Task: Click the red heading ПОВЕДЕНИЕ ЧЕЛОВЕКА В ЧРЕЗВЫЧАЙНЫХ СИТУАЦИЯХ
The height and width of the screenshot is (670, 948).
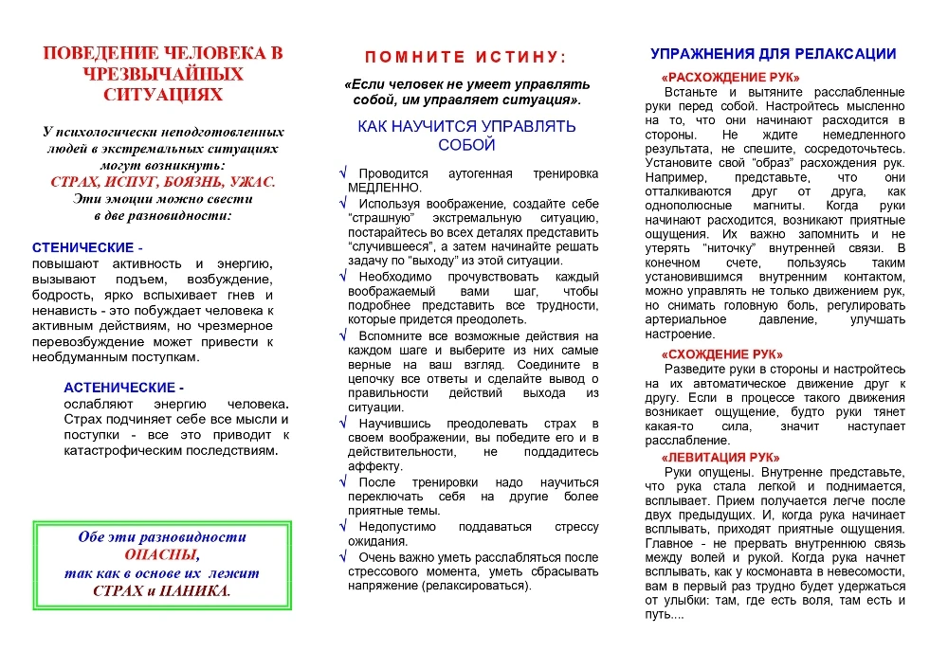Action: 163,73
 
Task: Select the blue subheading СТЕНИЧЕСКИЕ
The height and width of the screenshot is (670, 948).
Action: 87,247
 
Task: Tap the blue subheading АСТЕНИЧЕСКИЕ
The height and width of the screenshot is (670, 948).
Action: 123,388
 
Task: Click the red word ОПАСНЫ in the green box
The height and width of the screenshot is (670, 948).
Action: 162,555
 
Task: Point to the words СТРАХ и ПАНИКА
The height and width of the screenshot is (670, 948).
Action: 162,590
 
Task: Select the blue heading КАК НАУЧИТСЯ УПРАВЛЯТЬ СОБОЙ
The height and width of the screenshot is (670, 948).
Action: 466,136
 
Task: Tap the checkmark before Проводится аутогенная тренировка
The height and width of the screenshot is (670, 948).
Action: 343,174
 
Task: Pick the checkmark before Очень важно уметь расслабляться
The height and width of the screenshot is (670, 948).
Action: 343,557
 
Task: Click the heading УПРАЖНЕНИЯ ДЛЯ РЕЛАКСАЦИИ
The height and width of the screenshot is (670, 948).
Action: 773,54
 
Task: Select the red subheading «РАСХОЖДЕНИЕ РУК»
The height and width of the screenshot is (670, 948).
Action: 730,77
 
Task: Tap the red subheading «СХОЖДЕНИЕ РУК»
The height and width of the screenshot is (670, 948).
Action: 721,353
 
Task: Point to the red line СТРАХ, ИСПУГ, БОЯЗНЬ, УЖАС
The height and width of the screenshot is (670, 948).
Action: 162,182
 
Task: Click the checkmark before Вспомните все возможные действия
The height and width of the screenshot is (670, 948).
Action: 343,335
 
